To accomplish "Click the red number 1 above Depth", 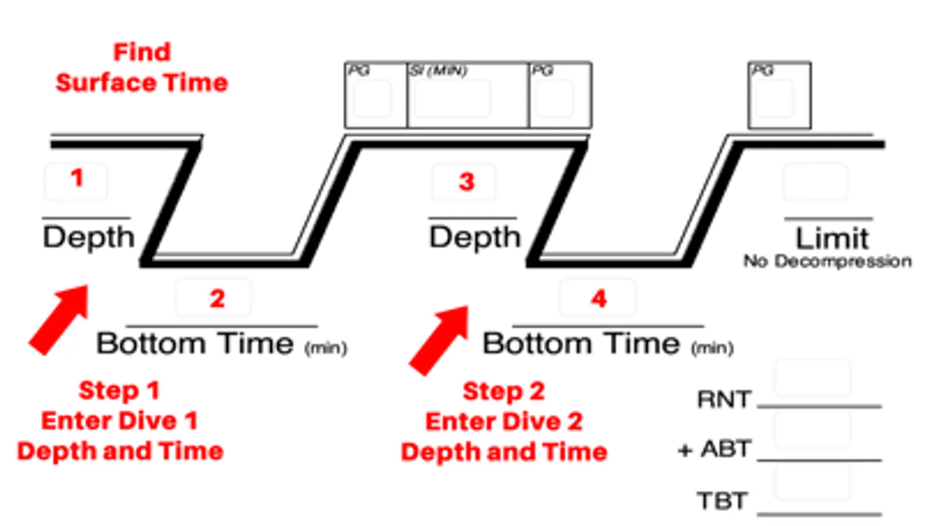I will [x=77, y=178].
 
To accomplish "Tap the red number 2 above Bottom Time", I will [x=217, y=299].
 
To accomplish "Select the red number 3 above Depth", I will [x=466, y=182].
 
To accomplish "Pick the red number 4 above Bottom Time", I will [x=599, y=299].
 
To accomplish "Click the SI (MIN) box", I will [x=467, y=95].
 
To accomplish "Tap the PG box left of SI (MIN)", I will [x=376, y=95].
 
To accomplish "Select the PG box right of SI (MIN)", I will [x=560, y=95].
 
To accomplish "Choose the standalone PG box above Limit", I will [x=779, y=95].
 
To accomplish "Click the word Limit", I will [x=832, y=238].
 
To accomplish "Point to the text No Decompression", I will [x=827, y=261].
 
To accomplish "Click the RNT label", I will [x=724, y=400].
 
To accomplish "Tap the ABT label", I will [x=726, y=449].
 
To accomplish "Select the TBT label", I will [x=722, y=501].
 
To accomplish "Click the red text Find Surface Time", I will [x=142, y=67].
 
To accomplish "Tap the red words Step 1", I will [x=119, y=390].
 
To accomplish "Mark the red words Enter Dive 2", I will [x=504, y=421].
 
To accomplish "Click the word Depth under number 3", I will [x=474, y=237].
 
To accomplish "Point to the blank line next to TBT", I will [x=819, y=513].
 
